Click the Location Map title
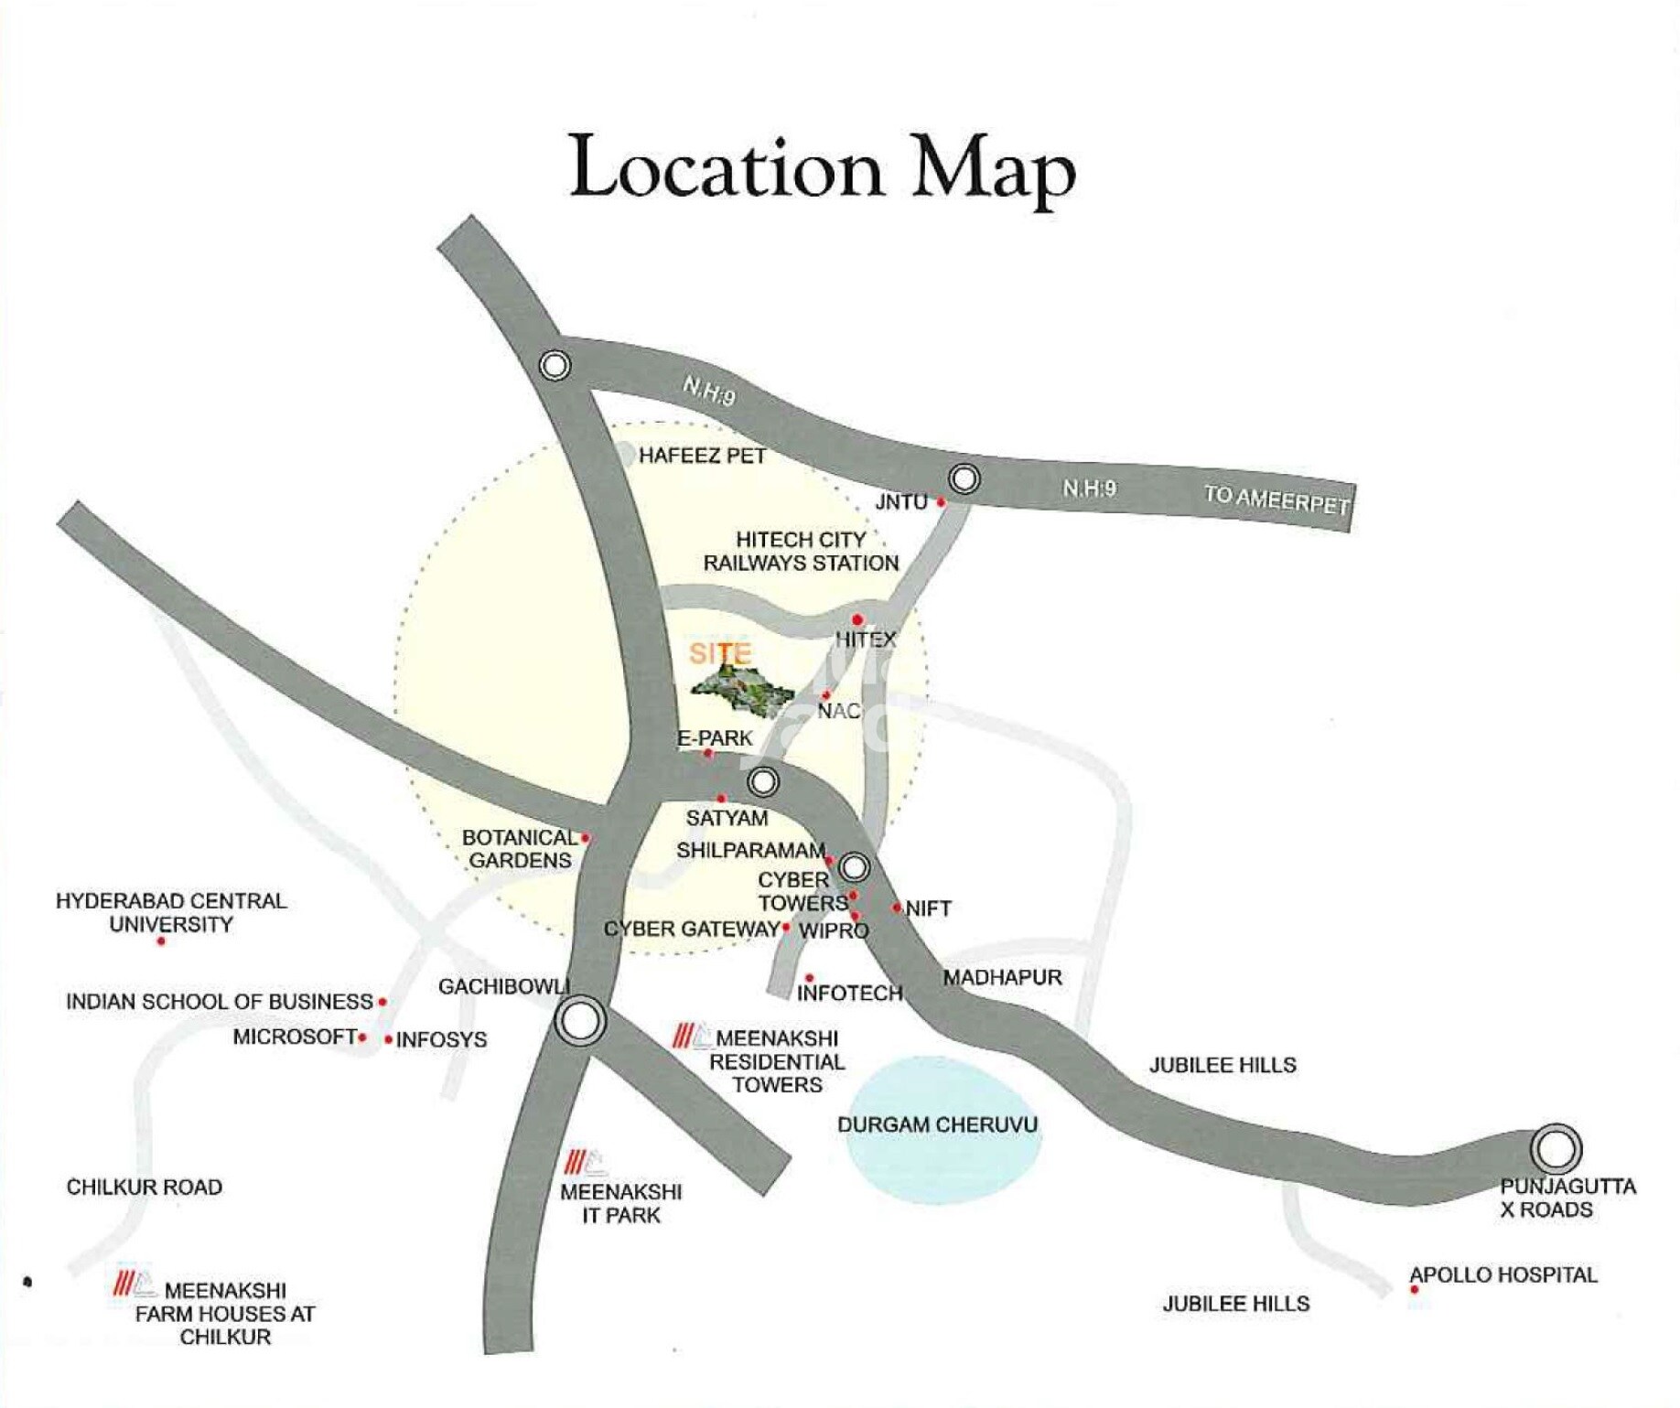pos(822,168)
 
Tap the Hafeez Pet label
pos(702,456)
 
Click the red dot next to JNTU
pos(941,502)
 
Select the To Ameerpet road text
pos(1276,500)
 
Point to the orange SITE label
pos(720,653)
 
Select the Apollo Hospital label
pos(1502,1274)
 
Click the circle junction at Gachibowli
pos(579,1020)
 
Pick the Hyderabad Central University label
pos(171,912)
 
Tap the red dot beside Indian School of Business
pos(382,1002)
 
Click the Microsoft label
pos(294,1037)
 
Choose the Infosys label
pos(441,1040)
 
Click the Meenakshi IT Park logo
pos(585,1163)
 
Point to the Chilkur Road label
pos(145,1188)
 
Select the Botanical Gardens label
pos(519,849)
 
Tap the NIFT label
pos(928,908)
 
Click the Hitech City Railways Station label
pos(801,551)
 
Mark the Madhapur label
pos(1002,977)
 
